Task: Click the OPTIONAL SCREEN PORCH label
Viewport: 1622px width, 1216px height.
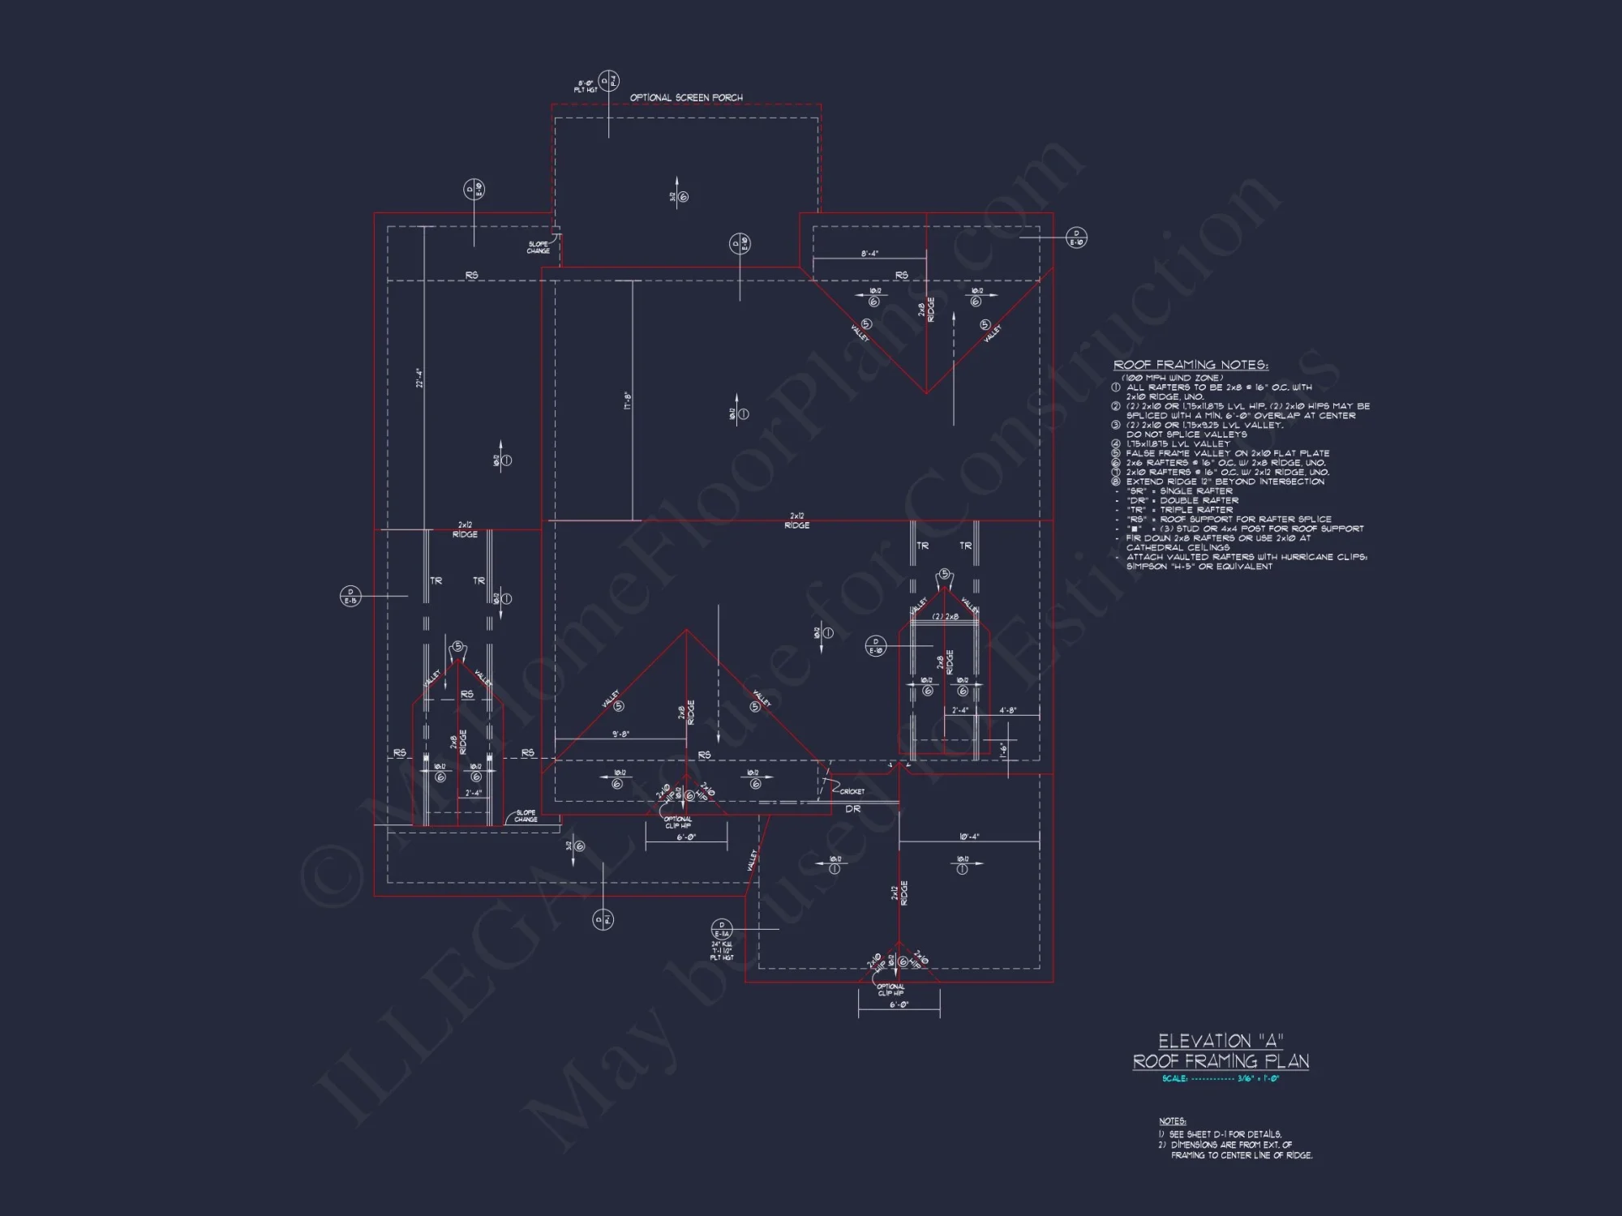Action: (x=686, y=98)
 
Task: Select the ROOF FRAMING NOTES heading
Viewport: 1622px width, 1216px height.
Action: (x=1191, y=366)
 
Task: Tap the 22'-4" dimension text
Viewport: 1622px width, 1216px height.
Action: (x=419, y=379)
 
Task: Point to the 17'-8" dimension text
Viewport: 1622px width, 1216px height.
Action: (x=628, y=400)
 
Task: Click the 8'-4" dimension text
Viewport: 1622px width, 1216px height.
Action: (x=869, y=255)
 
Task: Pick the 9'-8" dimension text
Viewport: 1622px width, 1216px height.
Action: (x=620, y=734)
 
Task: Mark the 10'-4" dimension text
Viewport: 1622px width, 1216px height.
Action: (x=969, y=837)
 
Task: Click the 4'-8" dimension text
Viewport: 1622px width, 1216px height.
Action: (x=1008, y=711)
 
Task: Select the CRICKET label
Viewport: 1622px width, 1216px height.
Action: (x=852, y=792)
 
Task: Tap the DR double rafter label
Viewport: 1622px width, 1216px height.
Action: (x=853, y=809)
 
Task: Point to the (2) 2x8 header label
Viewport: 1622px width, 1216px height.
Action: (x=945, y=617)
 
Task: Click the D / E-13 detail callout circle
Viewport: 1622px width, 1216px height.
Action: (x=350, y=597)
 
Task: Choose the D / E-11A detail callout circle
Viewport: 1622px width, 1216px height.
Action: (x=722, y=930)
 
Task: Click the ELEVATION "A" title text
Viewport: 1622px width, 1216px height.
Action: (x=1221, y=1042)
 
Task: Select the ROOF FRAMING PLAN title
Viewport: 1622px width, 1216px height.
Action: (x=1221, y=1062)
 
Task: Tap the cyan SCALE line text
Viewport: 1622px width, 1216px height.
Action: (x=1221, y=1079)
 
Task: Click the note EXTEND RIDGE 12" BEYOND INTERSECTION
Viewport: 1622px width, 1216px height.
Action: (x=1225, y=482)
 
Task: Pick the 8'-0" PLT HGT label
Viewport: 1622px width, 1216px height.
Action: (x=586, y=87)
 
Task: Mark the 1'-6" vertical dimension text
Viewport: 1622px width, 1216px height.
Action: (x=1003, y=749)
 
